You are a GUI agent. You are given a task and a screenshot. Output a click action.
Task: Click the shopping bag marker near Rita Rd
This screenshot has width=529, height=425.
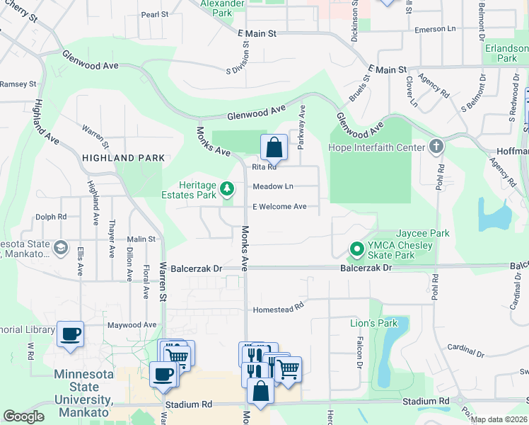tap(274, 147)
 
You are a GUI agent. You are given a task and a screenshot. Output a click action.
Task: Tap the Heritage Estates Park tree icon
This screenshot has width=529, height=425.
tap(227, 188)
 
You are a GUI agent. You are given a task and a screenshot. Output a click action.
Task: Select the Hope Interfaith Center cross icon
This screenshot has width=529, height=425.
tap(436, 147)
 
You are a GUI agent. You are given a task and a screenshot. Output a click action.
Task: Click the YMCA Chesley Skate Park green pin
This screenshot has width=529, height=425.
tap(357, 250)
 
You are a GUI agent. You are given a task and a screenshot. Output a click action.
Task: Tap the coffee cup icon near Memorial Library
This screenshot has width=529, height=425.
tap(70, 334)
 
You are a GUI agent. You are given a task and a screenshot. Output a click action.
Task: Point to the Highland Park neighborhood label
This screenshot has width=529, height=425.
tap(123, 158)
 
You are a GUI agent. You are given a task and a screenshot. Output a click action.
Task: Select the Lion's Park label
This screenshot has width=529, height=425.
tap(374, 323)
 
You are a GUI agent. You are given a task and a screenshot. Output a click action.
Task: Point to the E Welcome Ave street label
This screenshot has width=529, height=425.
tap(280, 207)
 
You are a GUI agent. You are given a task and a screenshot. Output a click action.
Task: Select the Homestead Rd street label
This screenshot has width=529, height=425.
tap(278, 308)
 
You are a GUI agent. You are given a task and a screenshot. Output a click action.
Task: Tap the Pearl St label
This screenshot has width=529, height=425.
tap(155, 14)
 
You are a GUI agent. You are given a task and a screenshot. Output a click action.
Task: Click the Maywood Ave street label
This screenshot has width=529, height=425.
tap(132, 325)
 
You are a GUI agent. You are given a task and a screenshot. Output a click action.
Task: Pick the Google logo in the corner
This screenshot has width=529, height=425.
tap(24, 416)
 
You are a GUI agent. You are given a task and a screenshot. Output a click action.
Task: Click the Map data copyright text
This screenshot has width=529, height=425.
tap(499, 419)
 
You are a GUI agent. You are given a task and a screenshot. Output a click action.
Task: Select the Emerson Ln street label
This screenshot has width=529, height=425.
tap(435, 29)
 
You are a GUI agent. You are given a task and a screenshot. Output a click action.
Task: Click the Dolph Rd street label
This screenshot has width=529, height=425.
tap(51, 217)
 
